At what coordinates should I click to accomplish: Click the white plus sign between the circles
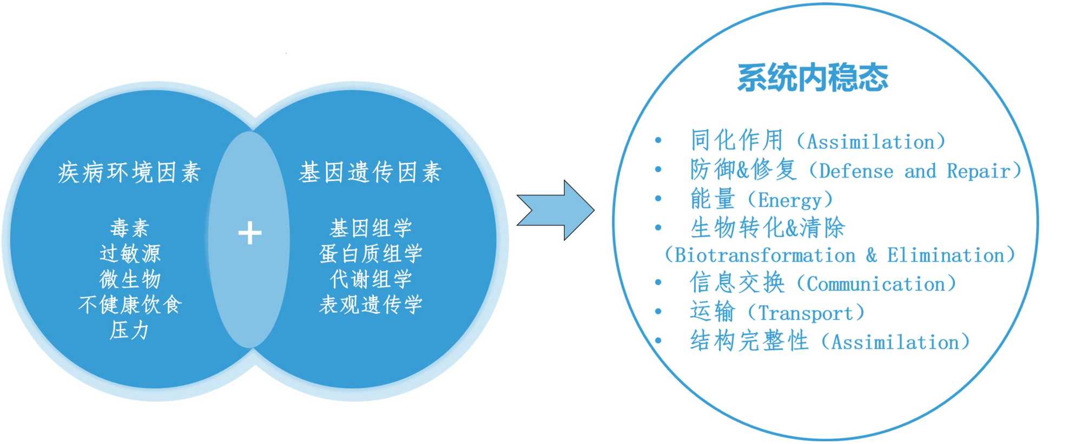[x=249, y=233]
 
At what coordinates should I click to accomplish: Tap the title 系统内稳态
[x=813, y=77]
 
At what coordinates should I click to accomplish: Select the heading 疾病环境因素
[x=129, y=173]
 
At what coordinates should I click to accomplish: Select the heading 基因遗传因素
[x=371, y=173]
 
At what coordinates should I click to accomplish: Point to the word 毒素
[x=129, y=228]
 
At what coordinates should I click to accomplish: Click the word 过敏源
[x=130, y=253]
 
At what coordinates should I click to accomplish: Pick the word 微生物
[x=130, y=279]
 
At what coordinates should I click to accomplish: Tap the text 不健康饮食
[x=130, y=305]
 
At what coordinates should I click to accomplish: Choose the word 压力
[x=129, y=330]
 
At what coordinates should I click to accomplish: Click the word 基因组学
[x=371, y=228]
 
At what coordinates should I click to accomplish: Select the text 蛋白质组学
[x=371, y=253]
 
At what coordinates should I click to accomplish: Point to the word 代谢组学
[x=371, y=279]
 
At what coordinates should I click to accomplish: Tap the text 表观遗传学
[x=371, y=305]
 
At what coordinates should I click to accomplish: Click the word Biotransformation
[x=765, y=255]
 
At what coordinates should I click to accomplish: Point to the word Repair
[x=978, y=172]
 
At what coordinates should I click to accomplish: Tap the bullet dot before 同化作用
[x=658, y=141]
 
